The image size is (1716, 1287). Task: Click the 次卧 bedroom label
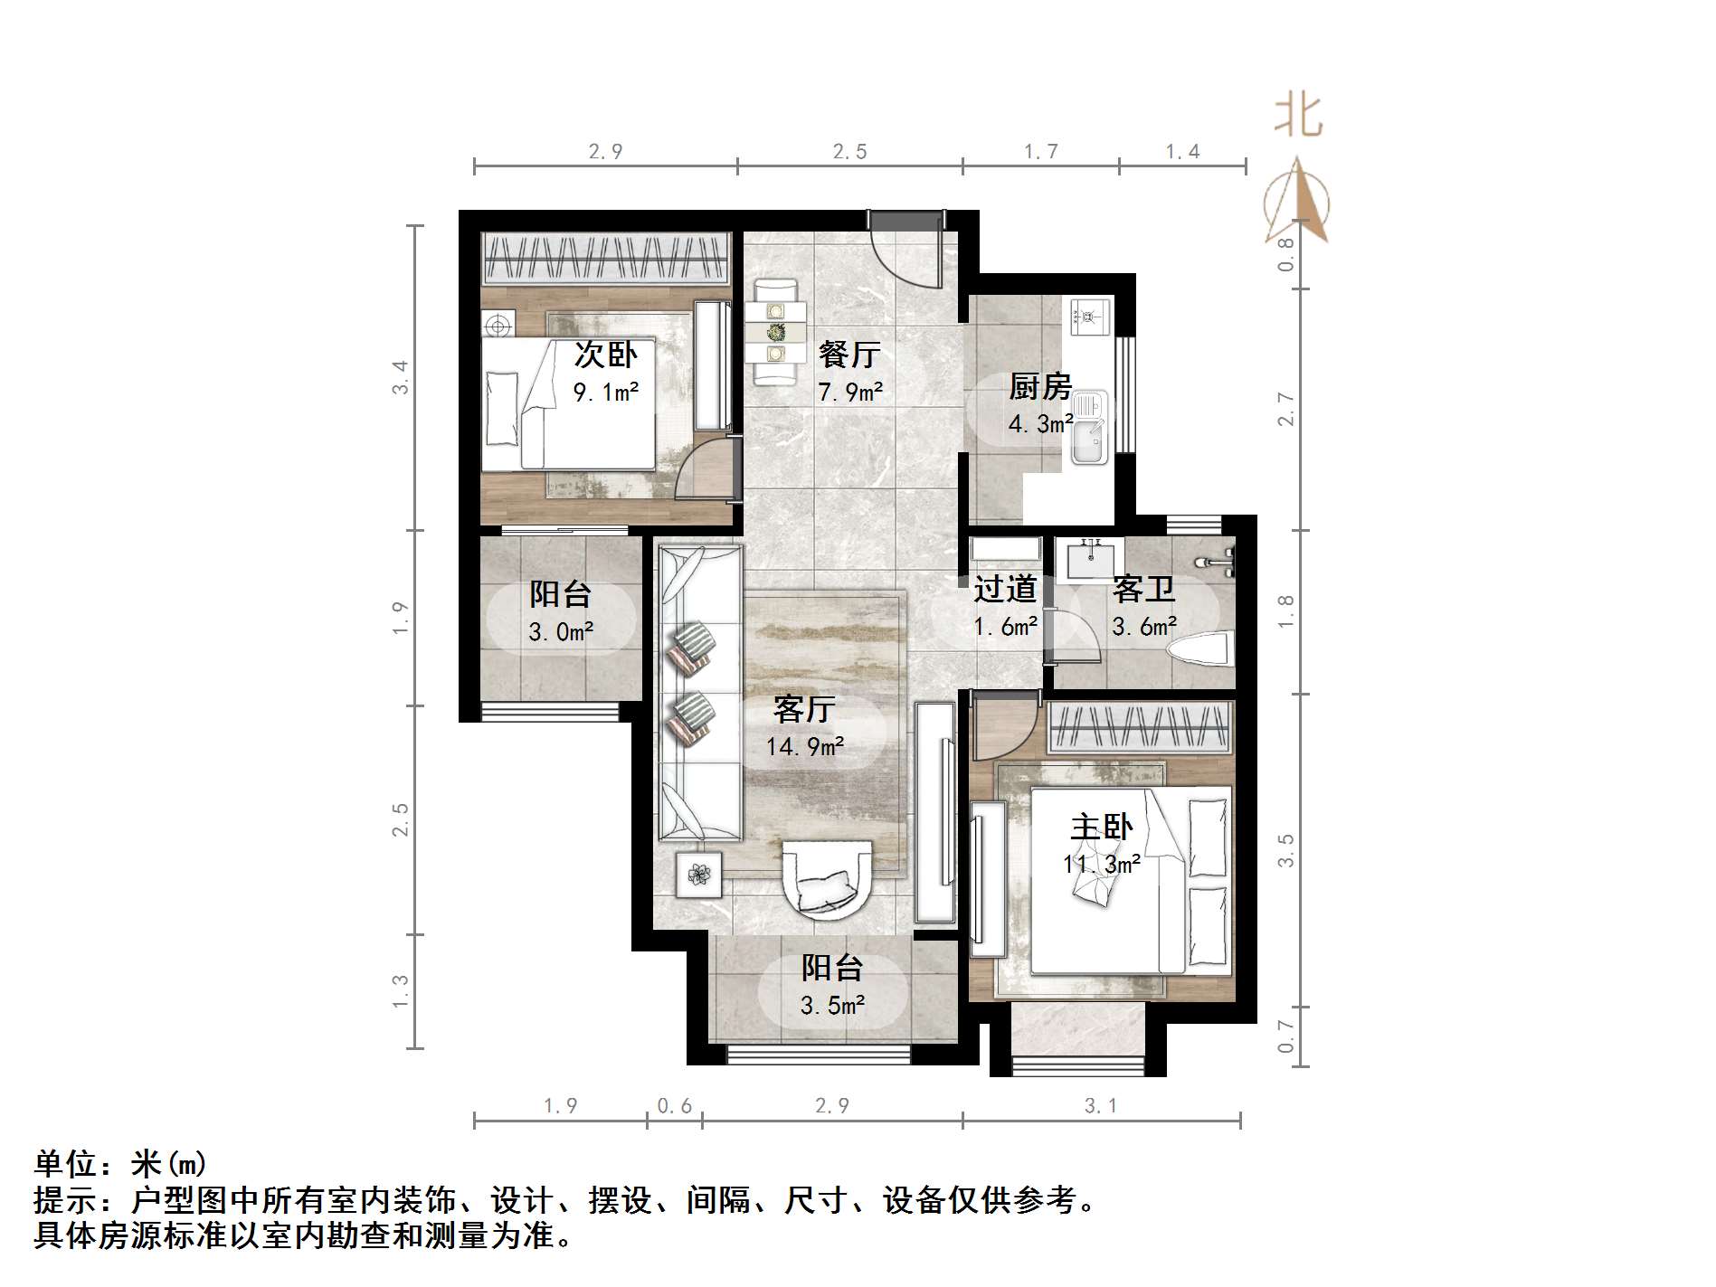click(605, 355)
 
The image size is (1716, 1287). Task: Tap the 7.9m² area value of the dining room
click(850, 393)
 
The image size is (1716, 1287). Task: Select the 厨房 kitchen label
click(1040, 387)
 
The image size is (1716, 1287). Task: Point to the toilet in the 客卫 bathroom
click(1200, 648)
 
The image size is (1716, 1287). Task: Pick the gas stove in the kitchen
click(1089, 316)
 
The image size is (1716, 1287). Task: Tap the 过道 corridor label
click(1005, 590)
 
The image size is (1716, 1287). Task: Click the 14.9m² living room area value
click(805, 747)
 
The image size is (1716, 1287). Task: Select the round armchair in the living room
click(828, 879)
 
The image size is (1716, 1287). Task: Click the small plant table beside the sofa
click(698, 875)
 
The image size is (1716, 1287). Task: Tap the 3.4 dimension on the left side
click(401, 377)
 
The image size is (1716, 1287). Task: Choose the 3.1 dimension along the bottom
click(1101, 1105)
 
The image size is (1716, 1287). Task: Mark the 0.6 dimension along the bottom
click(674, 1105)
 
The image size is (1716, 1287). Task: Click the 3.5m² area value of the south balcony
click(832, 1006)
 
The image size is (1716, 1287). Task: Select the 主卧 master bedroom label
click(1101, 827)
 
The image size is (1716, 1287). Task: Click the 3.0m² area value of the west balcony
click(561, 632)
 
